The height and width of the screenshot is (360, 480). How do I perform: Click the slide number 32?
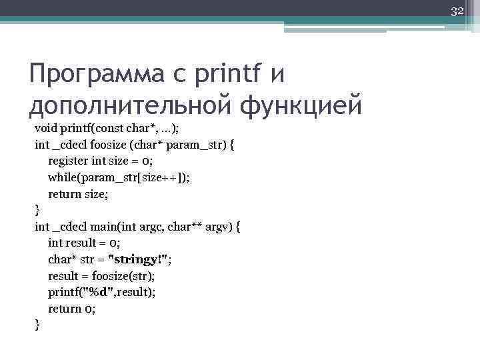pos(457,11)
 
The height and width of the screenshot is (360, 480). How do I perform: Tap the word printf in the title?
pos(227,74)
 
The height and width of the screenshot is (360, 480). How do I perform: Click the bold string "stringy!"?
pos(142,259)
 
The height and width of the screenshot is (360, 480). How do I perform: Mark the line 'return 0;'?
pos(71,309)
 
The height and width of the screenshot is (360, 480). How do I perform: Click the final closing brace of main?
pos(37,325)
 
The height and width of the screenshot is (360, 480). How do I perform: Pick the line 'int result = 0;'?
pos(84,243)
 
